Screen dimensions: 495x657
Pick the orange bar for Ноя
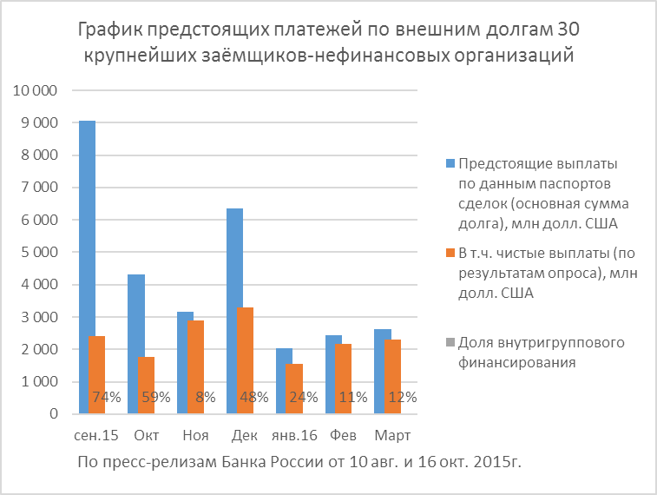[195, 365]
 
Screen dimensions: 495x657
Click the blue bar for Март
[384, 369]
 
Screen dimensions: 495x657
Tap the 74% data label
[106, 398]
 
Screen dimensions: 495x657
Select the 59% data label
[155, 398]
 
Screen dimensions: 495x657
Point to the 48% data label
[254, 398]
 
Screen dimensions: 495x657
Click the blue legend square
[450, 162]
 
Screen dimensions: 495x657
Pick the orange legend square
[450, 253]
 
